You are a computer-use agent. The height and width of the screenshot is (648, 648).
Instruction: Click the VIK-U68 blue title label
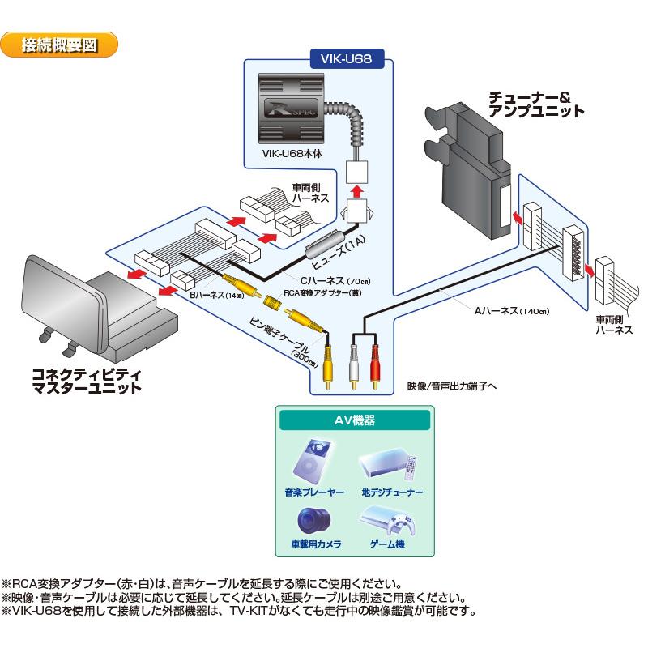click(x=347, y=58)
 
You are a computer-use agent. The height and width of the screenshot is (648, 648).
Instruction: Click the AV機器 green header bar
click(x=354, y=420)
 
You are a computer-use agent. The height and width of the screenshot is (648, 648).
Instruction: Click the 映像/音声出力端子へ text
click(x=451, y=387)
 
